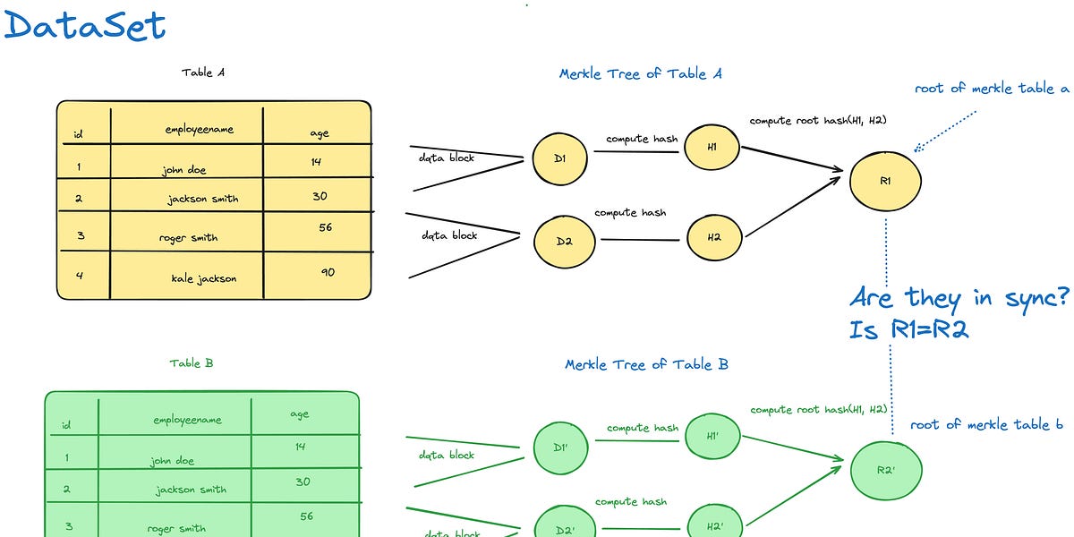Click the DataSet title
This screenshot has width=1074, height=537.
[84, 25]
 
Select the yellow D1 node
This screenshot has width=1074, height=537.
[558, 159]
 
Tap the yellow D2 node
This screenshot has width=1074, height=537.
[562, 240]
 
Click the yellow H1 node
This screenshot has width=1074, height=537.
[712, 147]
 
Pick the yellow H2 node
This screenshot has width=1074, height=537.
[714, 236]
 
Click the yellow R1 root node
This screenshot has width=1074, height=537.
[885, 181]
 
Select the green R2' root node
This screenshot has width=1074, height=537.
[885, 469]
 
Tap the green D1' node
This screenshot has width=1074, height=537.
[559, 447]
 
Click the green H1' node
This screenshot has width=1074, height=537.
[712, 437]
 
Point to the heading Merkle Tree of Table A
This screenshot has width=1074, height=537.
[640, 73]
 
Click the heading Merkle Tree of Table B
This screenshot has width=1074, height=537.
[646, 364]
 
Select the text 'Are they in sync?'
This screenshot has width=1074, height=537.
[959, 297]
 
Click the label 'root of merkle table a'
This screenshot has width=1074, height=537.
[992, 89]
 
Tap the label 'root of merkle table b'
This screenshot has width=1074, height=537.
[980, 424]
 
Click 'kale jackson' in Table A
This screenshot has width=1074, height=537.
[204, 278]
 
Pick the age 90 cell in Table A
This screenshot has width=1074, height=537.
[328, 271]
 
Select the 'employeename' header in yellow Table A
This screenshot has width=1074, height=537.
[199, 130]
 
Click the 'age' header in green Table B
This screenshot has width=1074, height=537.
[300, 414]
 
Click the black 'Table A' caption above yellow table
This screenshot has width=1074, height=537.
[203, 72]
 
